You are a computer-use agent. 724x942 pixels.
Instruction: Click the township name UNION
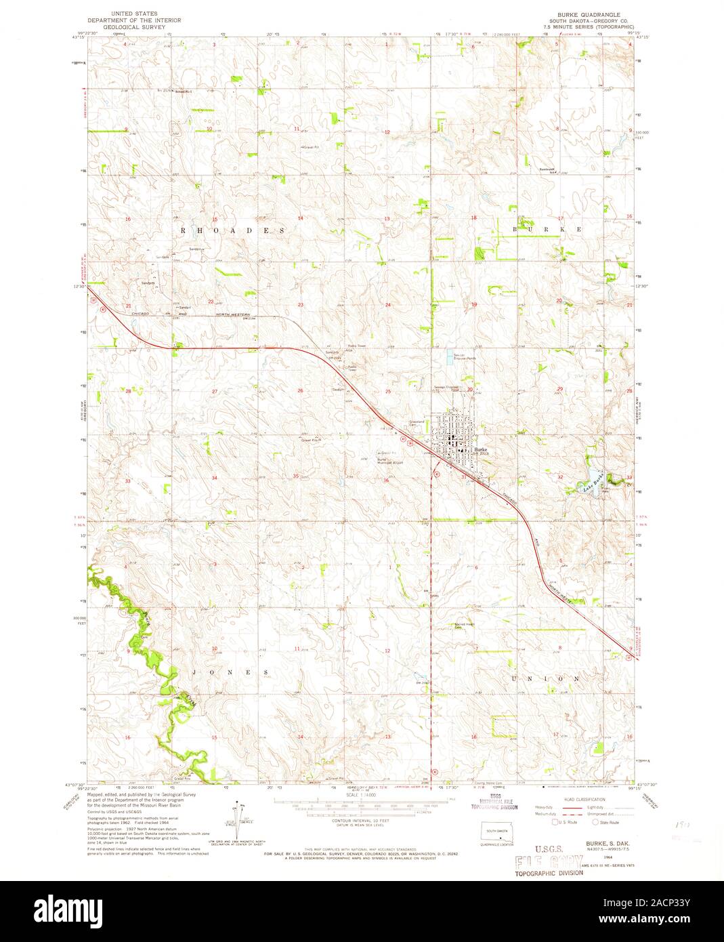coord(549,678)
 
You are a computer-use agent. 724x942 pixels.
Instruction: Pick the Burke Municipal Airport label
coord(390,462)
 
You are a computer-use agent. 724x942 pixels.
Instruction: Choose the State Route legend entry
coord(605,822)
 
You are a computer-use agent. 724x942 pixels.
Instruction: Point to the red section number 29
coord(559,389)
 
